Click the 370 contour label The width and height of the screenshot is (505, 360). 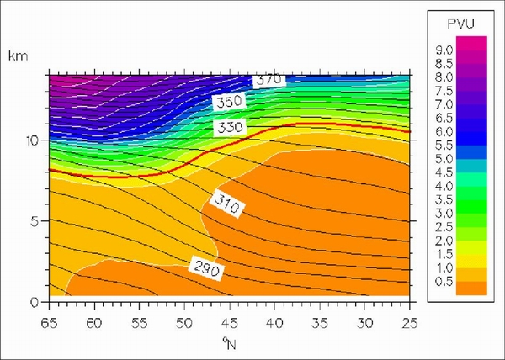click(x=268, y=80)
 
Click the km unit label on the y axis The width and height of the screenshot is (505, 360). click(x=16, y=56)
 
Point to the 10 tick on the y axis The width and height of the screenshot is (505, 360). click(x=34, y=140)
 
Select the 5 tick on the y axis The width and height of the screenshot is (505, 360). click(x=37, y=221)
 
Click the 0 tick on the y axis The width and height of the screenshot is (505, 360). click(x=37, y=301)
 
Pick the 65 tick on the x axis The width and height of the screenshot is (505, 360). click(x=49, y=321)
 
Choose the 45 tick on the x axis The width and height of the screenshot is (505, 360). click(x=229, y=321)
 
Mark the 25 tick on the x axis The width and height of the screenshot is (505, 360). click(x=409, y=321)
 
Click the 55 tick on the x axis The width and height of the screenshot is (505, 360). click(x=139, y=321)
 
